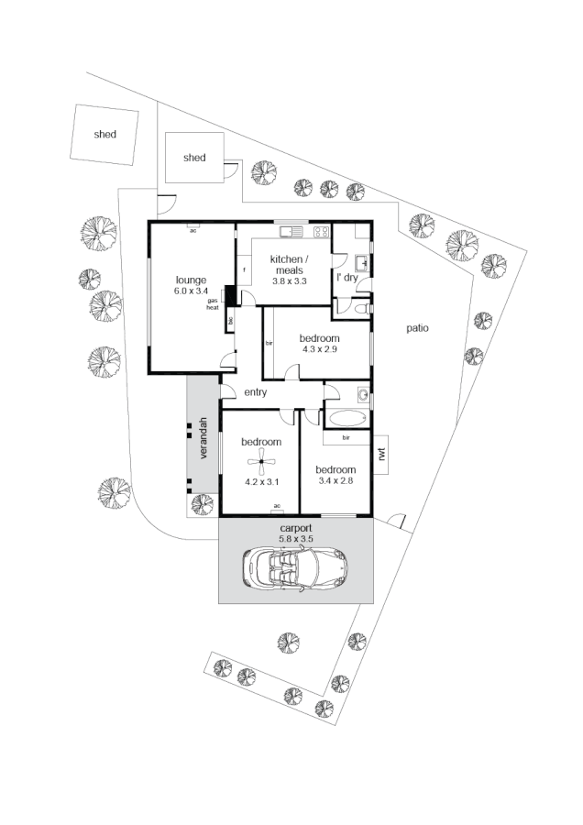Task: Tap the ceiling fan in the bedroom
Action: point(261,461)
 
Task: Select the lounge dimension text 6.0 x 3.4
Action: point(191,291)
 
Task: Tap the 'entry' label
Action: point(256,392)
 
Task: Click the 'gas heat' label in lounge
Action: point(213,304)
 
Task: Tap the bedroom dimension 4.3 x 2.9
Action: point(318,349)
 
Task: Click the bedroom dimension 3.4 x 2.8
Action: point(335,479)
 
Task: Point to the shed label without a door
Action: point(105,135)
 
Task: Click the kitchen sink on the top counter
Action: point(291,229)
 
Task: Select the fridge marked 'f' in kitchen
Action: point(245,269)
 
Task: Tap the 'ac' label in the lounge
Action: point(193,231)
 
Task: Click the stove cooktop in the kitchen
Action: point(321,229)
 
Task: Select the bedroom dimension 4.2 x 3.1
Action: point(261,480)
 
